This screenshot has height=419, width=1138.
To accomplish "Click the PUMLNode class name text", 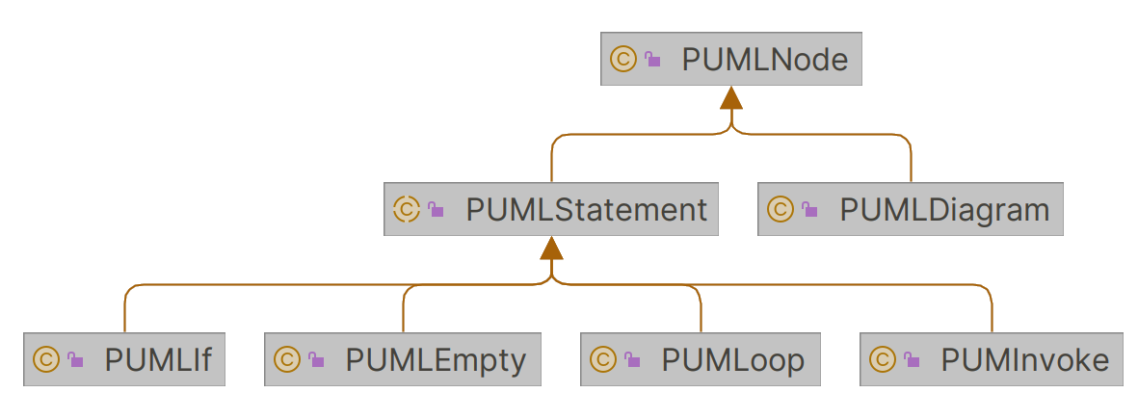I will pyautogui.click(x=764, y=60).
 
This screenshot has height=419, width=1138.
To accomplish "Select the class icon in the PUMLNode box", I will pyautogui.click(x=622, y=60).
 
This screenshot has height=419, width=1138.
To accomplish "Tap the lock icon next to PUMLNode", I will pyautogui.click(x=653, y=61).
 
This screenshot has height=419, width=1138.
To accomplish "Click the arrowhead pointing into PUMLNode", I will pyautogui.click(x=731, y=97).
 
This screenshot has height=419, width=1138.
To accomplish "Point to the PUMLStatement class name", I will pyautogui.click(x=586, y=209).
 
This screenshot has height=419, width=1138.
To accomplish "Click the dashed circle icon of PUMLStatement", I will pyautogui.click(x=407, y=209).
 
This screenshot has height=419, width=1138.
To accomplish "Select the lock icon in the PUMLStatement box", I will pyautogui.click(x=437, y=210).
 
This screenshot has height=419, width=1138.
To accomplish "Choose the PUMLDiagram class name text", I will pyautogui.click(x=944, y=209).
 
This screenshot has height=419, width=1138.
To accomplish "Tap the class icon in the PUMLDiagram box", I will pyautogui.click(x=780, y=209).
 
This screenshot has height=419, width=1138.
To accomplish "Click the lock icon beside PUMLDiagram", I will pyautogui.click(x=809, y=210).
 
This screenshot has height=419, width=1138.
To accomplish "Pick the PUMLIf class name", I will pyautogui.click(x=158, y=360).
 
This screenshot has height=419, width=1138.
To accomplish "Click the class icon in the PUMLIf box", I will pyautogui.click(x=45, y=360).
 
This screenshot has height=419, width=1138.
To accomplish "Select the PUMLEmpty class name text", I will pyautogui.click(x=436, y=360).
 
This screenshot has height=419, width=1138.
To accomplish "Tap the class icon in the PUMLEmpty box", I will pyautogui.click(x=286, y=360).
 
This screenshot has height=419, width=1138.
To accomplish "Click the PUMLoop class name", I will pyautogui.click(x=732, y=360).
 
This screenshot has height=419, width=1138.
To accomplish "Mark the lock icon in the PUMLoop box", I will pyautogui.click(x=632, y=361).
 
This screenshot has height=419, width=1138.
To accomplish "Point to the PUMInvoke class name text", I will pyautogui.click(x=1025, y=360).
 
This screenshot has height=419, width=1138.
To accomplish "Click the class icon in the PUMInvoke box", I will pyautogui.click(x=882, y=360).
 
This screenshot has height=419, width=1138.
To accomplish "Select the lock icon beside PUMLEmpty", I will pyautogui.click(x=316, y=361).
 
